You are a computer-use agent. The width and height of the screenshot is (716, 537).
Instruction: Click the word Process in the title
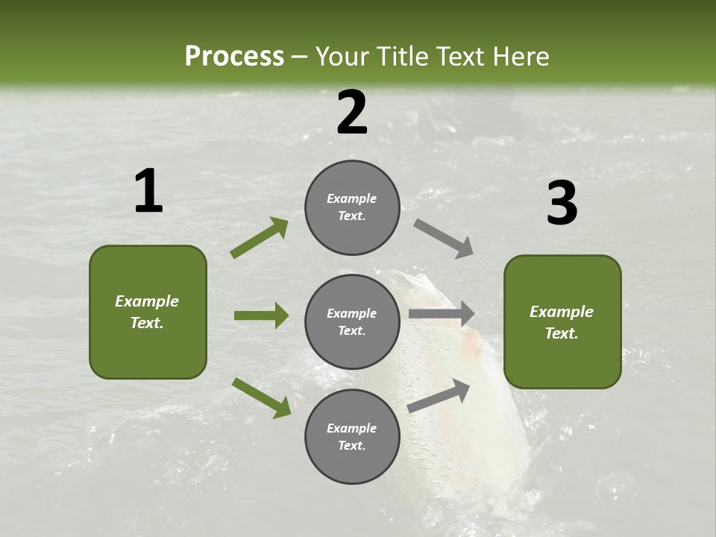[x=234, y=57]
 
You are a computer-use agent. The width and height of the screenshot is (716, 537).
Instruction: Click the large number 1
[x=148, y=192]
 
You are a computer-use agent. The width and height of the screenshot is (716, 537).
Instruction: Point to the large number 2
[x=352, y=113]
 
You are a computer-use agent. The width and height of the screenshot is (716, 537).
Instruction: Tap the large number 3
[x=562, y=204]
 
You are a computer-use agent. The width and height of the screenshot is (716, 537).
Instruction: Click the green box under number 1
[x=148, y=312]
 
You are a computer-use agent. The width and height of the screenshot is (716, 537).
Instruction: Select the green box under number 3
[x=562, y=321]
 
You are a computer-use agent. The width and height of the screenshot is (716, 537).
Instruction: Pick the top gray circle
[x=352, y=207]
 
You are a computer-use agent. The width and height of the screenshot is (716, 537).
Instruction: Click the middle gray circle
[x=352, y=321]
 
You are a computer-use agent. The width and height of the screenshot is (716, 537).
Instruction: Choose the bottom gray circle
[x=352, y=436]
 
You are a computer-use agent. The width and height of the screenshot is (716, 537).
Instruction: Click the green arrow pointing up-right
[x=260, y=238]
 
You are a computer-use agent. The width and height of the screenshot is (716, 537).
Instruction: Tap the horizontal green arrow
[x=261, y=315]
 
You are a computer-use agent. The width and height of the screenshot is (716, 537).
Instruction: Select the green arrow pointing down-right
[x=261, y=397]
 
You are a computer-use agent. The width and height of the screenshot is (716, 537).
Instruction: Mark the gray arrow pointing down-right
[x=444, y=239]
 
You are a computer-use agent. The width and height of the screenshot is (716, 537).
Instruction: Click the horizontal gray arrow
[x=442, y=314]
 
